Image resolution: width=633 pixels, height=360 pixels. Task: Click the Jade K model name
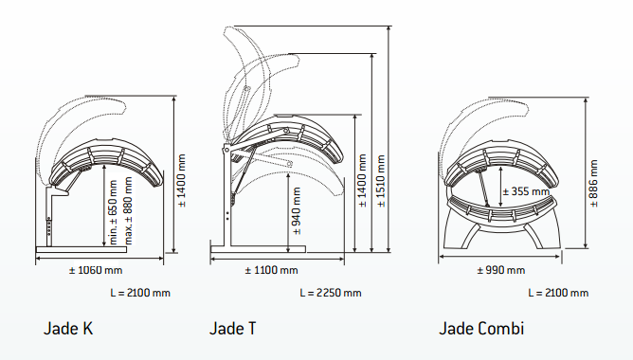tap(68, 328)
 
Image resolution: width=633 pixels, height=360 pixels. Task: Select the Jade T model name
tap(232, 328)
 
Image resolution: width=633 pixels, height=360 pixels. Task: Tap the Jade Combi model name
tap(481, 328)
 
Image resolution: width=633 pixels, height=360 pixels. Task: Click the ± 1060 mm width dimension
tap(96, 270)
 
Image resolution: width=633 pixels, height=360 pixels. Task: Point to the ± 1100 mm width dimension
tap(271, 270)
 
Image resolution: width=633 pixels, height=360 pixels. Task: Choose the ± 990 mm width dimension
tap(501, 270)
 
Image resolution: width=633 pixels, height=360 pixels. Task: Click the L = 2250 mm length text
tap(331, 293)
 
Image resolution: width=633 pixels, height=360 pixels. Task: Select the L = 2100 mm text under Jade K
tap(140, 293)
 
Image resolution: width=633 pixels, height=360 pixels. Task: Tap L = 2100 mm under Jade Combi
tap(558, 293)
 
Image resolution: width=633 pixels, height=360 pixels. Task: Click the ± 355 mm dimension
tap(526, 191)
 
